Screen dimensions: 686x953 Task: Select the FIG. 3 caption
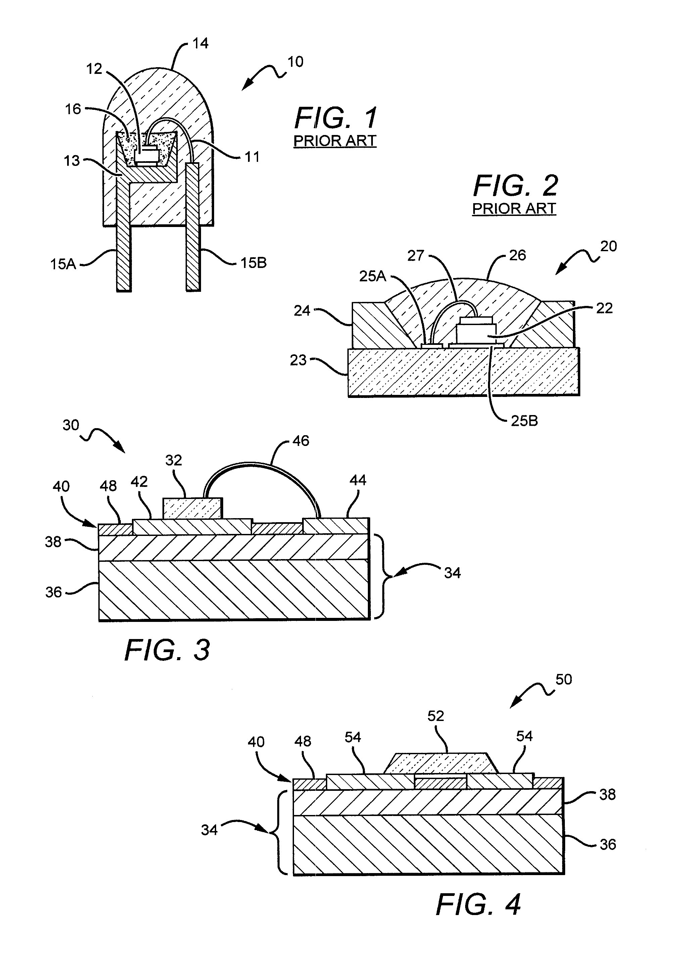click(167, 650)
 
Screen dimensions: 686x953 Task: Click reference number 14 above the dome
click(200, 44)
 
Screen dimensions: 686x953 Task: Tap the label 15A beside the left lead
click(63, 264)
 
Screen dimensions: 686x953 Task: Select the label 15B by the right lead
click(253, 263)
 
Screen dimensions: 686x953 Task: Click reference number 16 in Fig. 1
click(73, 109)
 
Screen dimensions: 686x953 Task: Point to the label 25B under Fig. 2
click(524, 421)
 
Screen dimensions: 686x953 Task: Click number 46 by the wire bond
click(300, 441)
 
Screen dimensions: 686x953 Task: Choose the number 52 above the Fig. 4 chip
click(436, 716)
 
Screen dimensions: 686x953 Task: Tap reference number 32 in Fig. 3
click(174, 460)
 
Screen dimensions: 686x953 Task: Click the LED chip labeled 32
click(192, 508)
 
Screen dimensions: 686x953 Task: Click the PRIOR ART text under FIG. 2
click(514, 209)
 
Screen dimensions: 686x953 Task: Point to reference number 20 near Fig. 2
click(608, 246)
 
